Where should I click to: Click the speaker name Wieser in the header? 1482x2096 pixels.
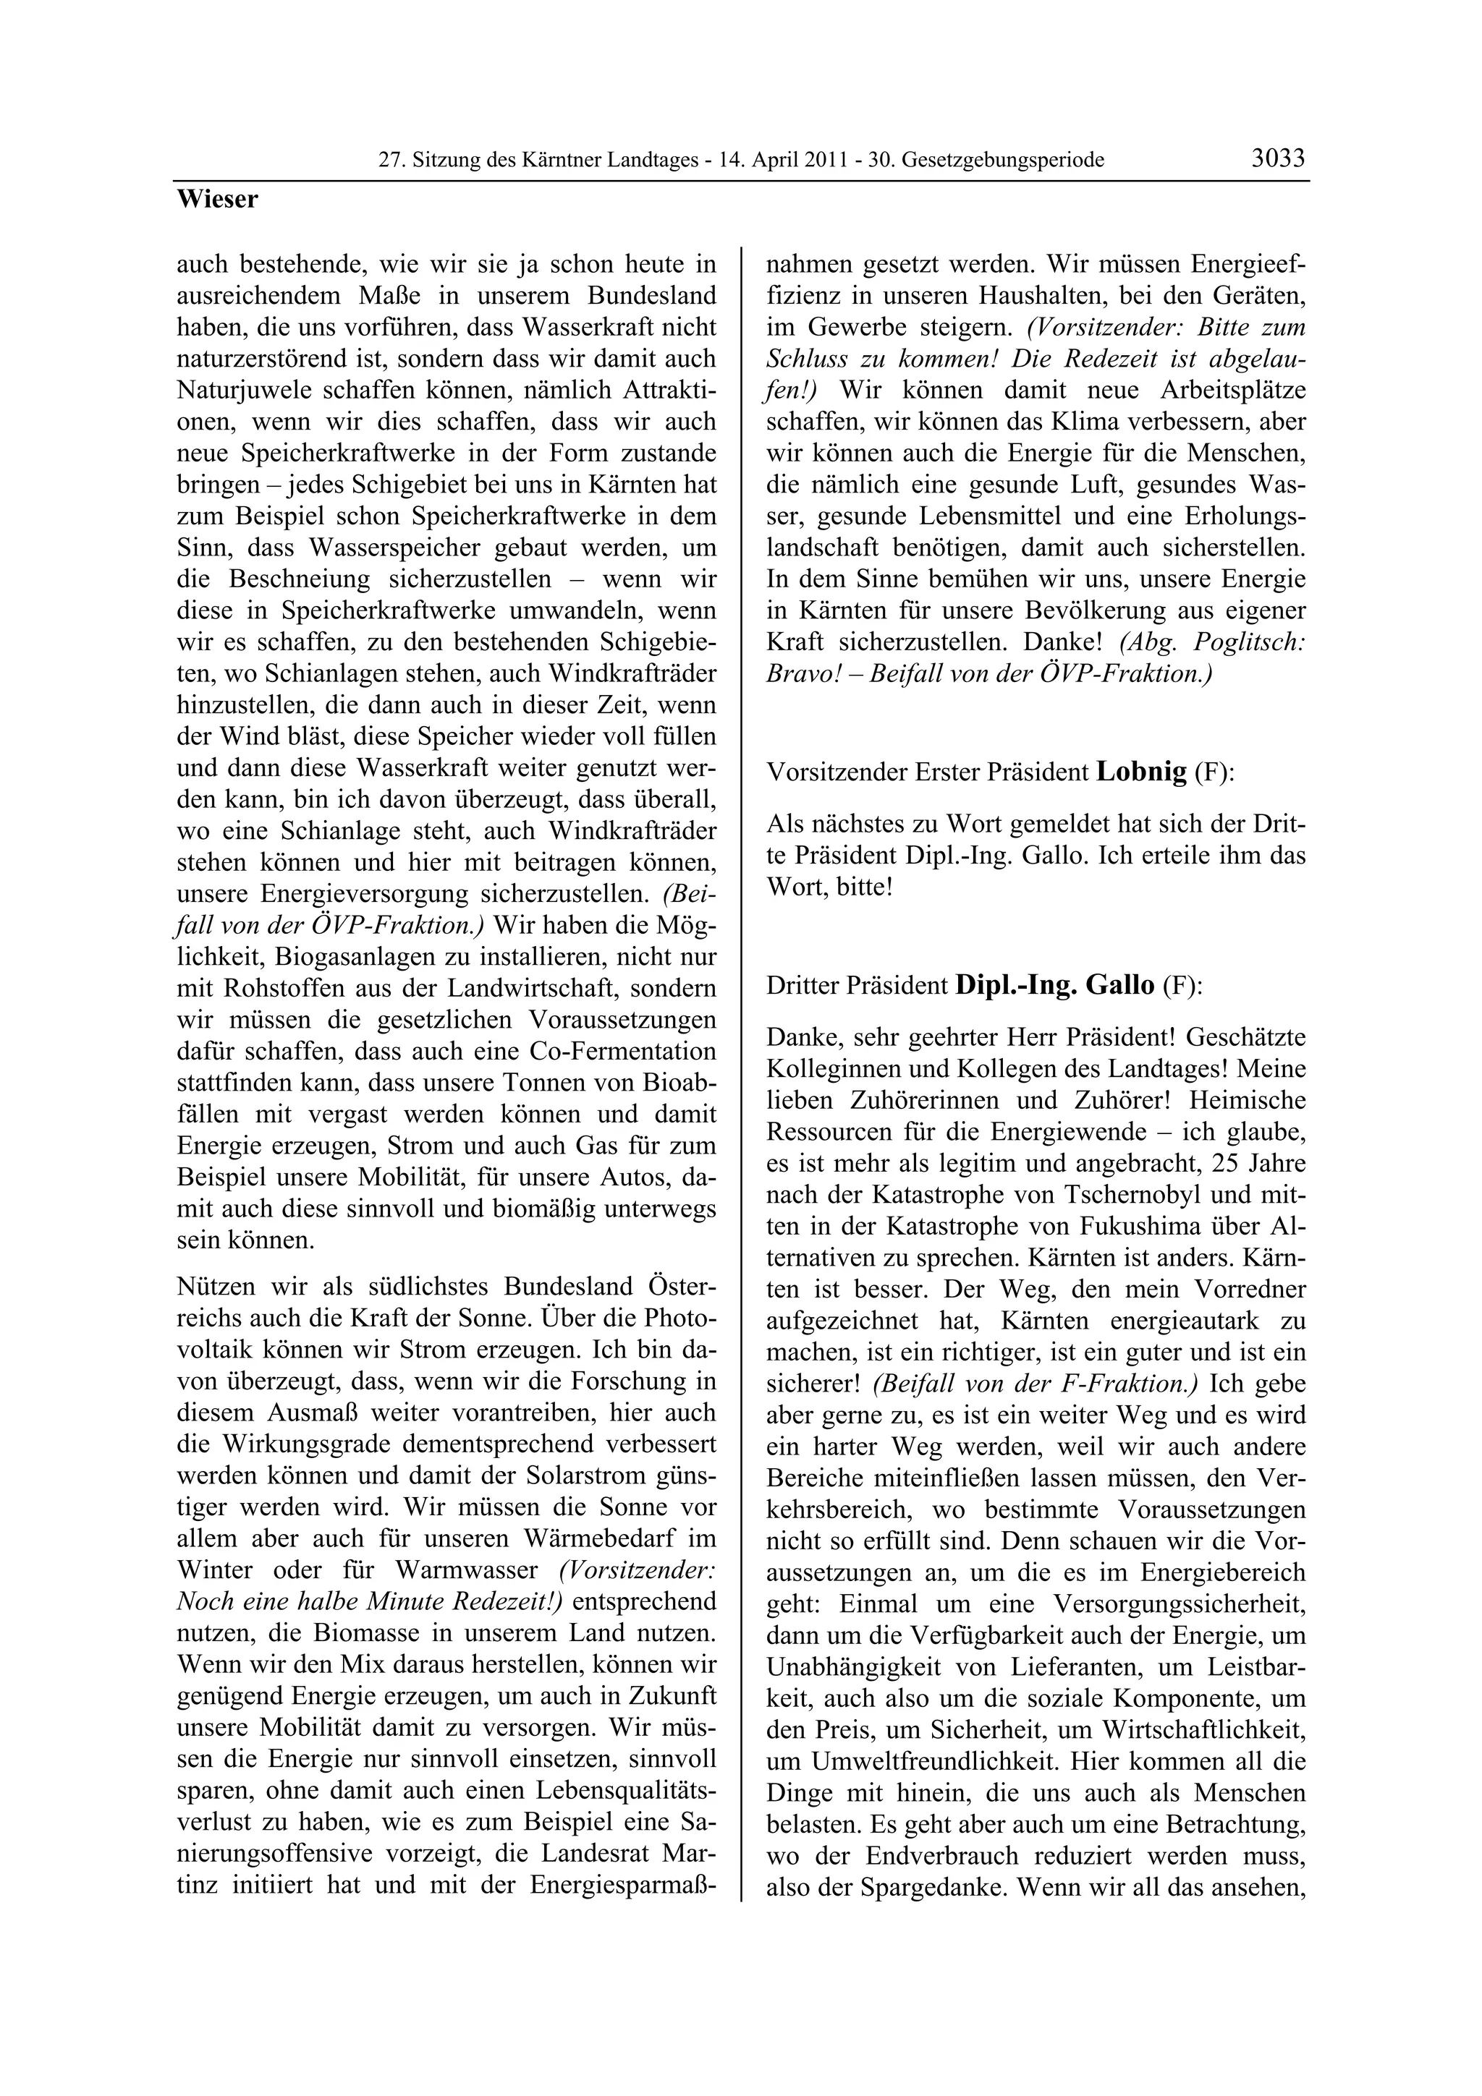(x=217, y=199)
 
